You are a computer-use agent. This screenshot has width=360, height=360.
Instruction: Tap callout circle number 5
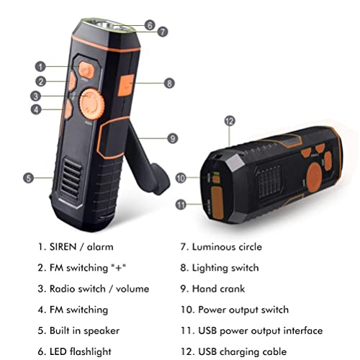coord(28,176)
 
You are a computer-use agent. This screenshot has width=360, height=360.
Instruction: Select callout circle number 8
coord(169,83)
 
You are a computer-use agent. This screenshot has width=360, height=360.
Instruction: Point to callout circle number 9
coord(172,138)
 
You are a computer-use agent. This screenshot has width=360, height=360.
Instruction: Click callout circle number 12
coord(230,121)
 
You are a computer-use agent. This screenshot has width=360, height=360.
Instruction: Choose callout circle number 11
coord(182,204)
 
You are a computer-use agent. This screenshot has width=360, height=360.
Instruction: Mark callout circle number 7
coord(163,32)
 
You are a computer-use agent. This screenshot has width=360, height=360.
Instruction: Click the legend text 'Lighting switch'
coord(224,268)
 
